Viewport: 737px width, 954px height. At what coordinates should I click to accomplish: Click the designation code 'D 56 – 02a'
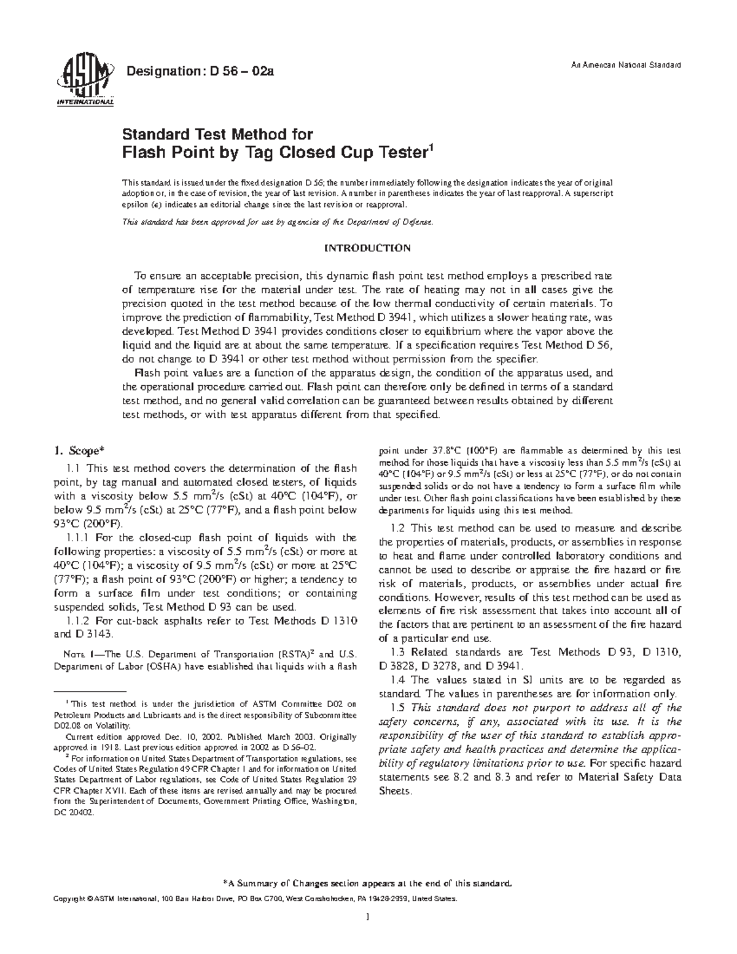click(x=241, y=71)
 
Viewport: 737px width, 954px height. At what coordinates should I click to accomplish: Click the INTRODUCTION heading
click(x=367, y=249)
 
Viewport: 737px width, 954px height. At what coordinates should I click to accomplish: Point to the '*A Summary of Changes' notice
click(x=367, y=884)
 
